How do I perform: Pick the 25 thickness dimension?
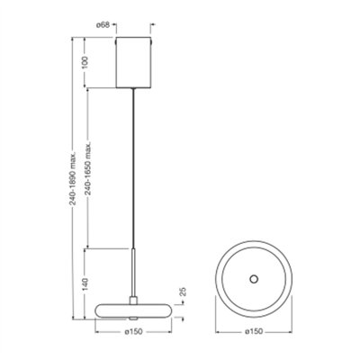pyautogui.click(x=181, y=293)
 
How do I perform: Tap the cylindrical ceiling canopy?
pyautogui.click(x=135, y=61)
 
